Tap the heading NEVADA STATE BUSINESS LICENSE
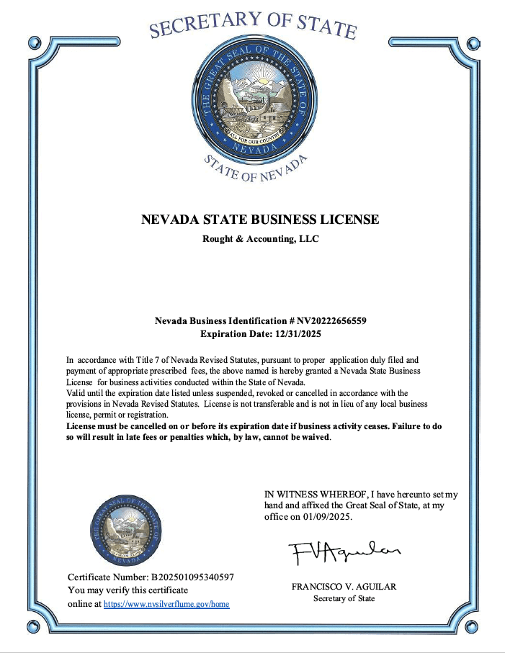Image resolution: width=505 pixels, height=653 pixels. point(260,220)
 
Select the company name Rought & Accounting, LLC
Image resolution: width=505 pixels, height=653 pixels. point(260,239)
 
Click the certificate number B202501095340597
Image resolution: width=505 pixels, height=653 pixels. point(192,577)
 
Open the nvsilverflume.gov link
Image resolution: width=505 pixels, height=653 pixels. point(166,604)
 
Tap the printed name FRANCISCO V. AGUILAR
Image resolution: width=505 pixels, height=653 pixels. point(344,587)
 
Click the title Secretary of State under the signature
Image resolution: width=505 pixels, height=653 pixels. point(344,598)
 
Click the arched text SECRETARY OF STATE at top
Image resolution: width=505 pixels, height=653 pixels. point(253,23)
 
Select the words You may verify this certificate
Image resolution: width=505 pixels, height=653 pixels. point(128,590)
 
